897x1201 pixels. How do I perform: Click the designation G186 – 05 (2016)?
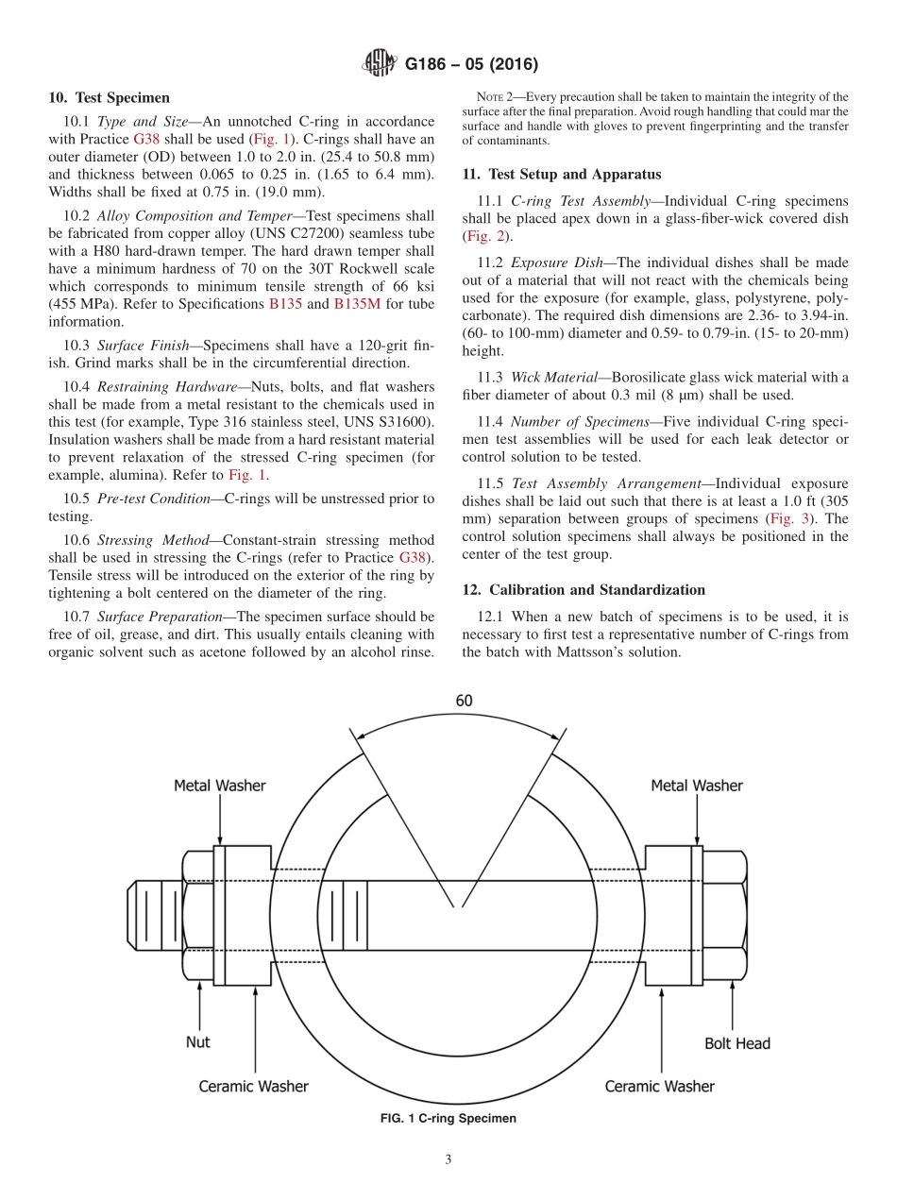[x=471, y=65]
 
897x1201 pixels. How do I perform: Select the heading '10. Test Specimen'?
[x=109, y=97]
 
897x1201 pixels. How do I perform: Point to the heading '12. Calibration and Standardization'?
[x=584, y=589]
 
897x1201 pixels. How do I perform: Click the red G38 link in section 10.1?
[x=146, y=139]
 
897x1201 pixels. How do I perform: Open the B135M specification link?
[x=356, y=304]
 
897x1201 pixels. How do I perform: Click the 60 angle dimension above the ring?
[x=464, y=701]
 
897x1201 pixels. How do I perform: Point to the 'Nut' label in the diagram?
[x=197, y=1042]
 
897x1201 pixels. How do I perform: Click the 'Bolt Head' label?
[x=736, y=1043]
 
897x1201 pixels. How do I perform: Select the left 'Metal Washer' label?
[x=219, y=786]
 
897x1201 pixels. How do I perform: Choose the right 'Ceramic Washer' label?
[x=659, y=1087]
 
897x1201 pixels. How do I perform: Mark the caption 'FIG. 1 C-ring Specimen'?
[x=448, y=1118]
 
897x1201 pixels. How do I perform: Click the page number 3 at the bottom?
[x=448, y=1160]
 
